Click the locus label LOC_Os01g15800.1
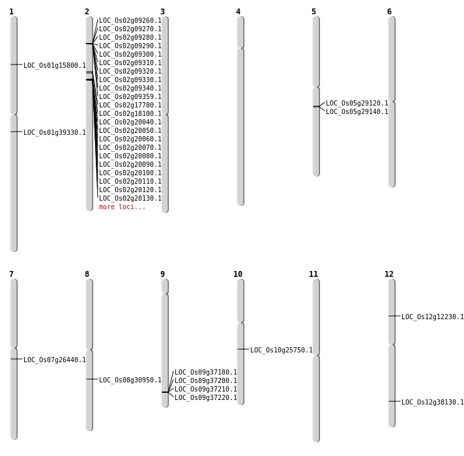55,66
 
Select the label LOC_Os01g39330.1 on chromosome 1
55,133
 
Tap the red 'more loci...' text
123,207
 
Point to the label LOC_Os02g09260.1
130,21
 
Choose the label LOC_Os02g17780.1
130,106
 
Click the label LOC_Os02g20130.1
130,199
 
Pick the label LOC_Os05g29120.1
357,104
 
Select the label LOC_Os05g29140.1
357,112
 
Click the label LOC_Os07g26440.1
55,360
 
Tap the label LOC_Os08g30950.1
130,380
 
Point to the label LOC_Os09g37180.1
206,373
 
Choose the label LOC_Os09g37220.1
206,398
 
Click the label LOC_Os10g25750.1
282,350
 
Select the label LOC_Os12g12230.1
433,317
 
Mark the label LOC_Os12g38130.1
433,403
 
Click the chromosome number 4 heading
238,12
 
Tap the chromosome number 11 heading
313,274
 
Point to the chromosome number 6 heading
389,12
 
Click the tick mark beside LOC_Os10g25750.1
243,349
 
